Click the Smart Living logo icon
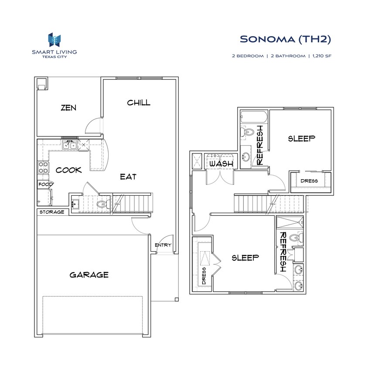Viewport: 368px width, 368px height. [54, 40]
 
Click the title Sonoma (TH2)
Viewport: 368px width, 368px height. [286, 39]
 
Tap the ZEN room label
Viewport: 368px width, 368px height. [68, 107]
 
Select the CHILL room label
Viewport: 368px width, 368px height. [139, 103]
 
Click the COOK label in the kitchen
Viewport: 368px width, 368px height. [68, 170]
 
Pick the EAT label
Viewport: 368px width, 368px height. [128, 177]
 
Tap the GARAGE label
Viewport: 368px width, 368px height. [89, 275]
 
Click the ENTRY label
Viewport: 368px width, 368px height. [163, 245]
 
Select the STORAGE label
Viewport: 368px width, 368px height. [52, 212]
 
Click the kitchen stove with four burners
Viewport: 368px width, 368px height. [44, 167]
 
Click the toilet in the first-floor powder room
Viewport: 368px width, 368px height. [102, 203]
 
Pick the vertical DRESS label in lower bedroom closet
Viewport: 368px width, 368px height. [204, 276]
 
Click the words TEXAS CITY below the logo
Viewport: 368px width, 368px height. [54, 57]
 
